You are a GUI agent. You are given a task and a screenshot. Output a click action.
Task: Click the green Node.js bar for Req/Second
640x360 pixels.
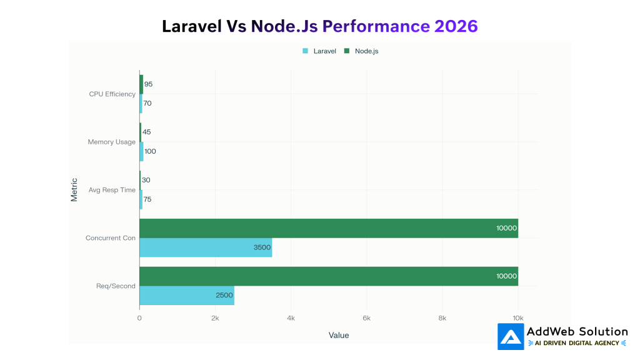[x=328, y=276]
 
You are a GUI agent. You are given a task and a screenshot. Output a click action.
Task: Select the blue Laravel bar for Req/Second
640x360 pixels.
[x=186, y=296]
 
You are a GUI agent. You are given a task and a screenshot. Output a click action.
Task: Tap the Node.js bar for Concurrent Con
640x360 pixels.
[x=328, y=228]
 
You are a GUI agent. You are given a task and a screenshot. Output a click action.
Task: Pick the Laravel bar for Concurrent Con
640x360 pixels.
[x=205, y=247]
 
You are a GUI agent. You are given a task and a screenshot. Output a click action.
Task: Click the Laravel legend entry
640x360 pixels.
[x=320, y=51]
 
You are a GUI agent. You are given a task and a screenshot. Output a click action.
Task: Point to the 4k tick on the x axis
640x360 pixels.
[x=291, y=318]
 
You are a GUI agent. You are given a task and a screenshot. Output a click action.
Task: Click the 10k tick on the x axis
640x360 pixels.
[x=518, y=318]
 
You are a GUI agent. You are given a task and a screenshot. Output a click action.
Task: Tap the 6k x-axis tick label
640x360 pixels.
[x=366, y=318]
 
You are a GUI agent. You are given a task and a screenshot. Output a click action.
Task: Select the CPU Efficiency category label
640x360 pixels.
[x=112, y=94]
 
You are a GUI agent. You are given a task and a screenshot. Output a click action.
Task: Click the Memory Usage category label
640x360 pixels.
[x=111, y=142]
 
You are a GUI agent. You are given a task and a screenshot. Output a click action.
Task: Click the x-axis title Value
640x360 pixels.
[x=339, y=336]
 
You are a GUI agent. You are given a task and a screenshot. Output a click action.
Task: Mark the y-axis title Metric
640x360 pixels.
[x=74, y=190]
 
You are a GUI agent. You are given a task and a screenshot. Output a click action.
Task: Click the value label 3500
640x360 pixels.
[x=262, y=247]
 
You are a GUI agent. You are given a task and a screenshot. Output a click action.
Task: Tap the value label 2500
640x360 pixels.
[x=224, y=296]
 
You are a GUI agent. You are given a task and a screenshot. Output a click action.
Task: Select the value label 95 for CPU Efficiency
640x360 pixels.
[x=148, y=84]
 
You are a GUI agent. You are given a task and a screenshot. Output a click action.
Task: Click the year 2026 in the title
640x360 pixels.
[x=454, y=26]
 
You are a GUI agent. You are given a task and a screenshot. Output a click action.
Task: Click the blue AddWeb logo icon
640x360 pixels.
[x=511, y=336]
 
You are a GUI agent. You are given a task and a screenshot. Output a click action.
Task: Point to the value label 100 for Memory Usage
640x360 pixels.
[x=150, y=152]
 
